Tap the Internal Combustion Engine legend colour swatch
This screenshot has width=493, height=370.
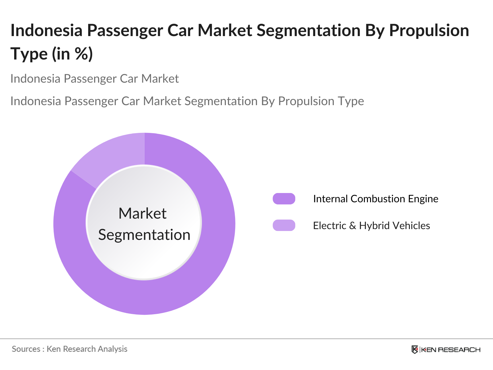coord(284,199)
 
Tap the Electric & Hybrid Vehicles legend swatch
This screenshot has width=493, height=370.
coord(284,225)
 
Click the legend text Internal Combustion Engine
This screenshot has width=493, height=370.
coord(375,199)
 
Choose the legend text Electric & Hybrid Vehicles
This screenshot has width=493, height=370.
coord(371,225)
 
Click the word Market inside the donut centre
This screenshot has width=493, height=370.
coord(142,213)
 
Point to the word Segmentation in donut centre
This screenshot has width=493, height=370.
coord(144,235)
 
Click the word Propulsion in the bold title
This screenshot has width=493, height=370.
coord(429,30)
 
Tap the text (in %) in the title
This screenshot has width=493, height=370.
coord(72,54)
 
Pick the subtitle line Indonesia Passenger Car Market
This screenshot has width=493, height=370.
coord(95,79)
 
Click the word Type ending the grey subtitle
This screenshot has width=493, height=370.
coord(352,101)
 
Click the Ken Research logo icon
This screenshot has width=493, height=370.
coord(415,349)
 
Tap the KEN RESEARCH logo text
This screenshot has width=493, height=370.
coord(450,350)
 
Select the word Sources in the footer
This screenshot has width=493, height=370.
coord(26,349)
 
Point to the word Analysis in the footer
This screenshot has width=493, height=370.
coord(112,349)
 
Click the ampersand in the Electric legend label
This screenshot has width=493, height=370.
coord(352,225)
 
